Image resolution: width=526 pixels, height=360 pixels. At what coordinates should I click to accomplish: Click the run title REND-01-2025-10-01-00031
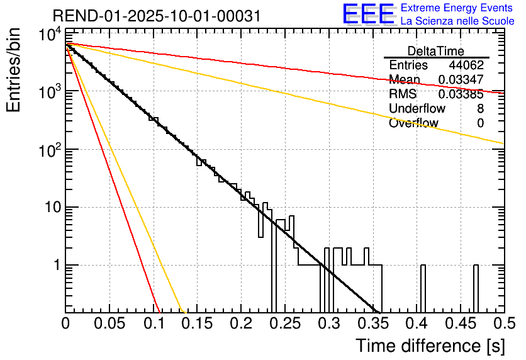coord(156,15)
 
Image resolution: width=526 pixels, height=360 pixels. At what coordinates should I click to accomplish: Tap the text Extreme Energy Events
coord(457,8)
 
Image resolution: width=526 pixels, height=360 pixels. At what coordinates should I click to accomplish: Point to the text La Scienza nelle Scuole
coord(457,21)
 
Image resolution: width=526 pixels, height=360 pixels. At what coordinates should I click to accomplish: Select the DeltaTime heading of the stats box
coord(436,51)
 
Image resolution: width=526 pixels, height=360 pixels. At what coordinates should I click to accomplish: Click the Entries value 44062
coord(466,65)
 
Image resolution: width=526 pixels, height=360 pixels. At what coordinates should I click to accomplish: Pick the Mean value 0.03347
coord(461,80)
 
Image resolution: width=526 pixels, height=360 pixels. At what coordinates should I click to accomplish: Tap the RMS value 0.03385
coord(461,94)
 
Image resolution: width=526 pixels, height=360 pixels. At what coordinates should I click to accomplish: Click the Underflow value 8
coord(480,109)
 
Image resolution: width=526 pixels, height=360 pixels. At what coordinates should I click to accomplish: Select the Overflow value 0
coord(480,123)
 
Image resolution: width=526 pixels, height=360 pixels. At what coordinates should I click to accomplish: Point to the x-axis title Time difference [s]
coord(429,346)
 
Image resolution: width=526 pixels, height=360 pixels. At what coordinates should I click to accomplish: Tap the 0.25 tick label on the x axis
coord(285,324)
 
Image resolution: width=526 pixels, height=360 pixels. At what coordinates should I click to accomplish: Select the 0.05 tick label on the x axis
coord(109,324)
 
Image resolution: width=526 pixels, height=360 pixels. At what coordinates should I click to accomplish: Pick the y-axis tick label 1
coord(55,265)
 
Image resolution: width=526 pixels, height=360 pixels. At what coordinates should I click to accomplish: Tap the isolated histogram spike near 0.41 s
coord(423,286)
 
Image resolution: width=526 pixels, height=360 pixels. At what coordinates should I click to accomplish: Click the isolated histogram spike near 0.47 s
coord(476,286)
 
